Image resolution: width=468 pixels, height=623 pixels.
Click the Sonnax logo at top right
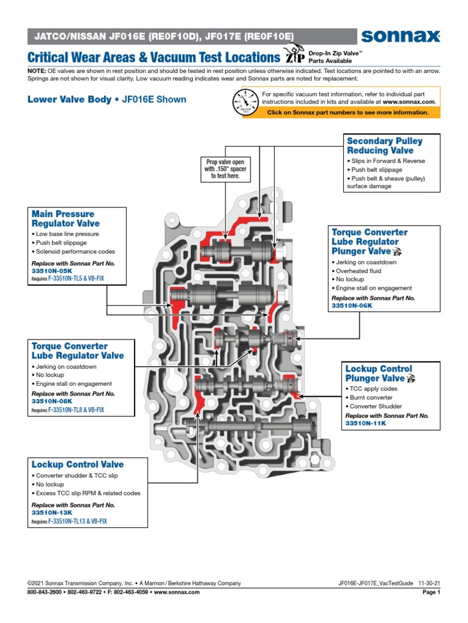[400, 37]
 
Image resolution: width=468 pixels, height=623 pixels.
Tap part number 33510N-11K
[366, 423]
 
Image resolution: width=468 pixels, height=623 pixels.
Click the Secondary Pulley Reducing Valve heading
[385, 145]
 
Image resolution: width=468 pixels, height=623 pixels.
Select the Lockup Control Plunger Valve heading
[378, 374]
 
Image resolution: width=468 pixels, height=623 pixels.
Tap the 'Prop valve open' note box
[225, 169]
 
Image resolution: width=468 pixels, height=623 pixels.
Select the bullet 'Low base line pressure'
[69, 234]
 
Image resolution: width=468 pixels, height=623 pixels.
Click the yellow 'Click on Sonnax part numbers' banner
[347, 113]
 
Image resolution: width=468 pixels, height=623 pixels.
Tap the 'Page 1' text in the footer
[430, 592]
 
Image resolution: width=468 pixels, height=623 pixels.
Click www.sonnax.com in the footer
[176, 592]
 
